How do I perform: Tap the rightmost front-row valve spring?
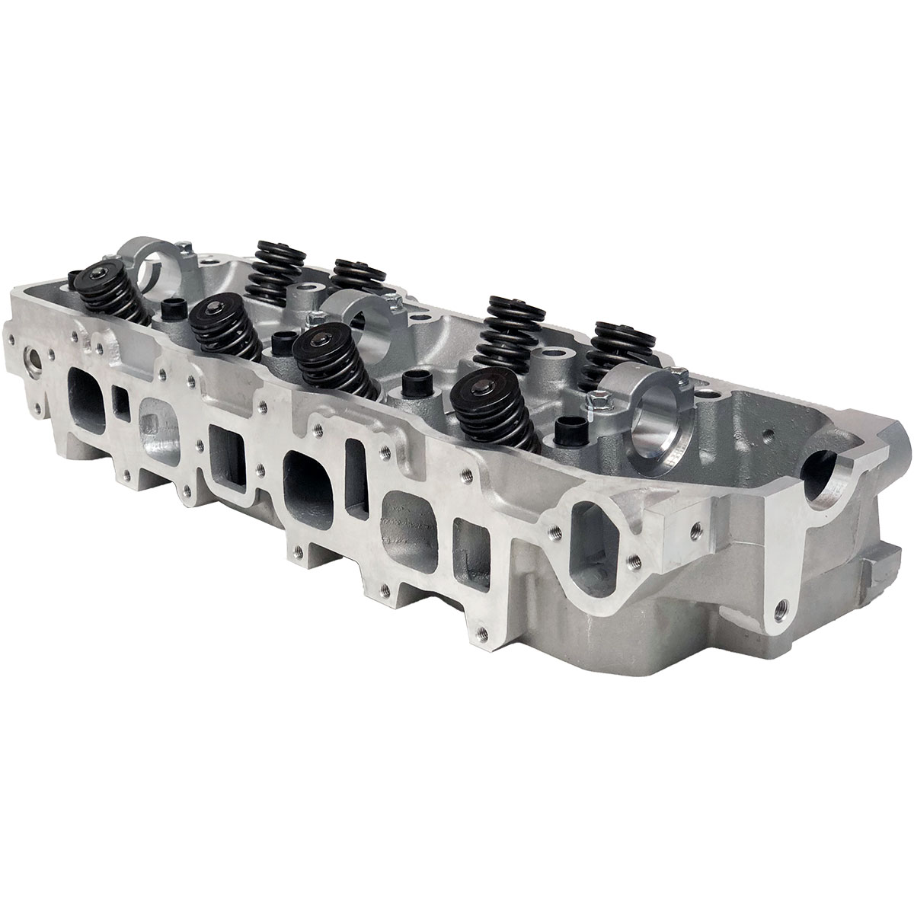pos(494,411)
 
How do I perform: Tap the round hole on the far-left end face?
pos(35,356)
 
